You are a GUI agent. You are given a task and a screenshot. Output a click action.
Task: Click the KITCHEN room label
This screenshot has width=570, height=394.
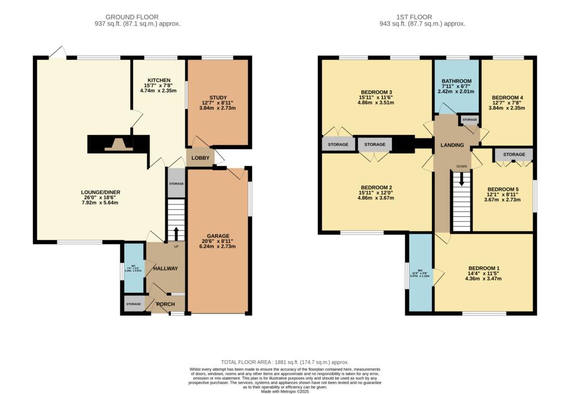click(x=159, y=80)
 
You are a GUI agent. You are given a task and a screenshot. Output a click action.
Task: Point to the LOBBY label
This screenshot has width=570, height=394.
click(x=200, y=158)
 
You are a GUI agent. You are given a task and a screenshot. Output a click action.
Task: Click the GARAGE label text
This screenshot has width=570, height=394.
click(x=218, y=236)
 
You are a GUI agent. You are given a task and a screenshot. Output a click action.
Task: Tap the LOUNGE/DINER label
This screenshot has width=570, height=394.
click(x=100, y=192)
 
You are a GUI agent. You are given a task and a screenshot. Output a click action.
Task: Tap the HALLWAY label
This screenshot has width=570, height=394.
click(x=165, y=268)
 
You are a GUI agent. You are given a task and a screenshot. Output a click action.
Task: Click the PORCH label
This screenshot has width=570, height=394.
click(x=165, y=304)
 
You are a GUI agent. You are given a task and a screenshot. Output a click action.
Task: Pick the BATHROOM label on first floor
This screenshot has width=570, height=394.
click(x=456, y=81)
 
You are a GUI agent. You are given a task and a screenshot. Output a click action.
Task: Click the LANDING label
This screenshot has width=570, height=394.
click(x=452, y=145)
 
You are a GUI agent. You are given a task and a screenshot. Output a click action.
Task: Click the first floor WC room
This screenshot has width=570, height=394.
click(x=420, y=273)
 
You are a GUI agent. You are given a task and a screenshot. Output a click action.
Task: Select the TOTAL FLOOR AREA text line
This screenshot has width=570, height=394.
click(x=284, y=361)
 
